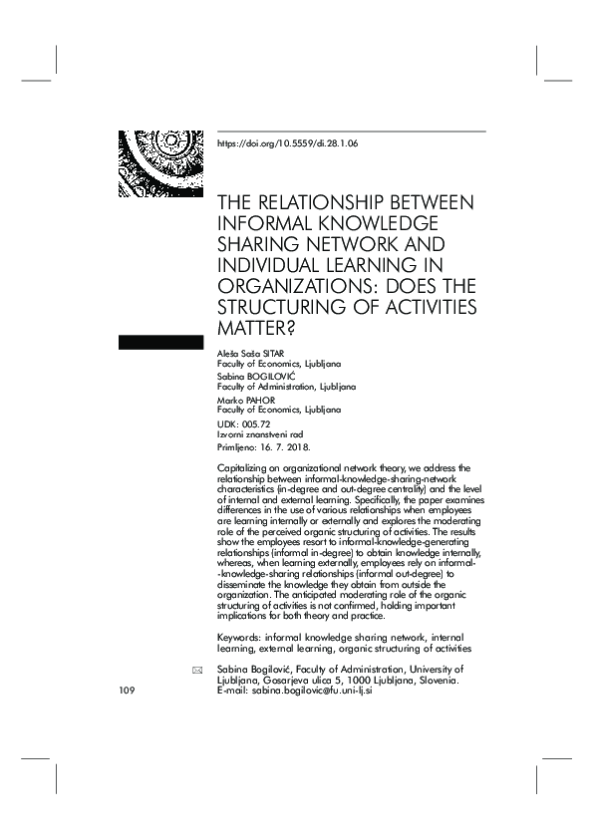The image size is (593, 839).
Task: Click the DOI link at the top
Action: pos(287,143)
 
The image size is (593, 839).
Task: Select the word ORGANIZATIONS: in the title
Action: pos(299,283)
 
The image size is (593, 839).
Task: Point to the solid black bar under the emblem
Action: pos(160,343)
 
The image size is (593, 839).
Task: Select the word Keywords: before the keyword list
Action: pos(239,635)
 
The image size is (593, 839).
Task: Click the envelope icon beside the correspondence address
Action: pos(196,671)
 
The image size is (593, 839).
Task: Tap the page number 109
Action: pos(127,691)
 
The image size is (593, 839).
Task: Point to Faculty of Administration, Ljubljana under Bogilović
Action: pos(286,386)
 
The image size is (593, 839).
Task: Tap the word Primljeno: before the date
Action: pos(239,446)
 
